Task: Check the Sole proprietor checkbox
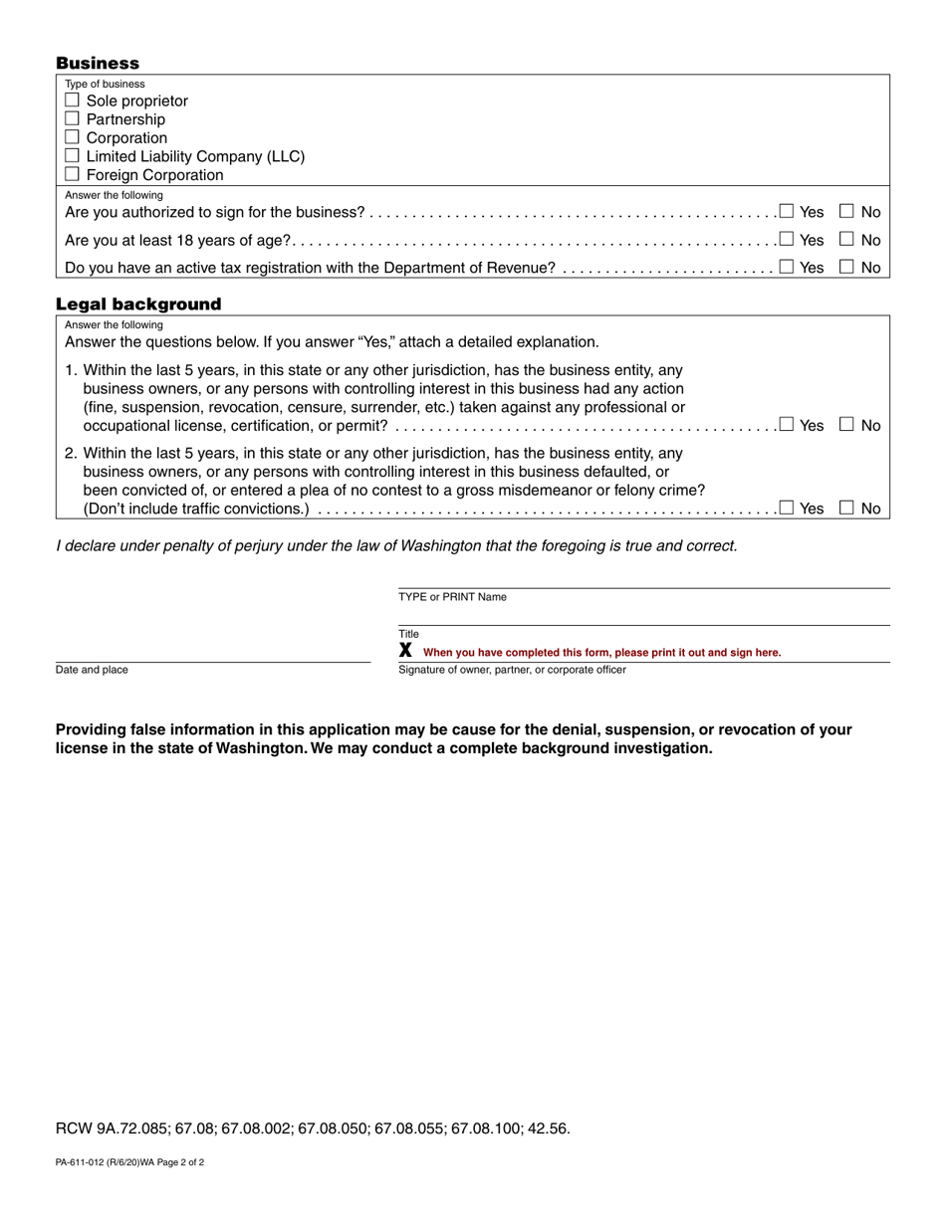[72, 101]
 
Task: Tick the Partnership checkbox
[72, 118]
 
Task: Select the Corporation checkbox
[72, 137]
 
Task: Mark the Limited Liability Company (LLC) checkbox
[72, 155]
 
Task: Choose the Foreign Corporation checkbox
[72, 174]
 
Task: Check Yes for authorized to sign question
[787, 211]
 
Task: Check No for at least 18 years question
[846, 239]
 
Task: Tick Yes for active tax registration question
[787, 267]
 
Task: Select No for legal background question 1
[846, 424]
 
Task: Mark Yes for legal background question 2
[787, 508]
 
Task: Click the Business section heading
[98, 63]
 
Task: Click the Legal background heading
[138, 304]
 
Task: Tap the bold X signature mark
[405, 650]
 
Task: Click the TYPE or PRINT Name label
[452, 597]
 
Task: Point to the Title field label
[409, 634]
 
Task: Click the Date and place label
[92, 670]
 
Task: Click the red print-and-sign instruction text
[601, 653]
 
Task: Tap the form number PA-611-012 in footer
[129, 1162]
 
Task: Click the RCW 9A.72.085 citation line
[313, 1128]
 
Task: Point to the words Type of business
[105, 85]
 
